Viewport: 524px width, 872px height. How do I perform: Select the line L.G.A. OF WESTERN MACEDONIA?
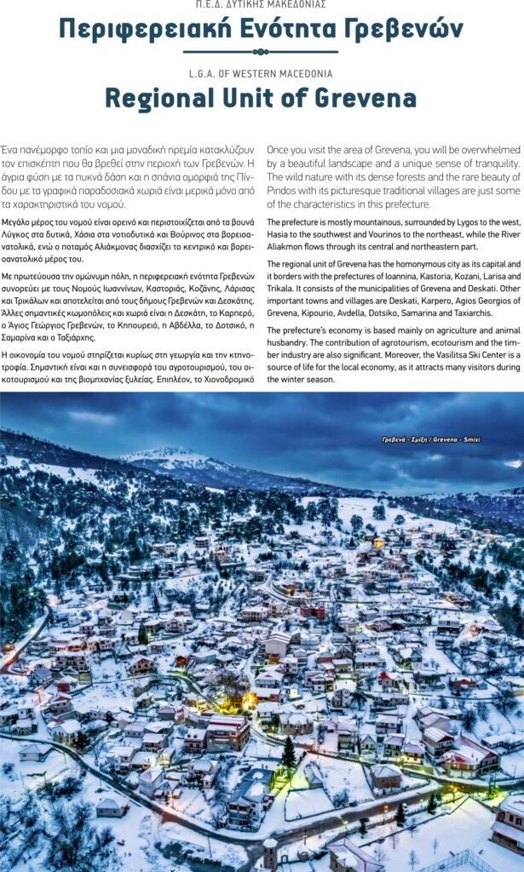(261, 73)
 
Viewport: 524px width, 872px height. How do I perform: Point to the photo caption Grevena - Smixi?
(430, 439)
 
